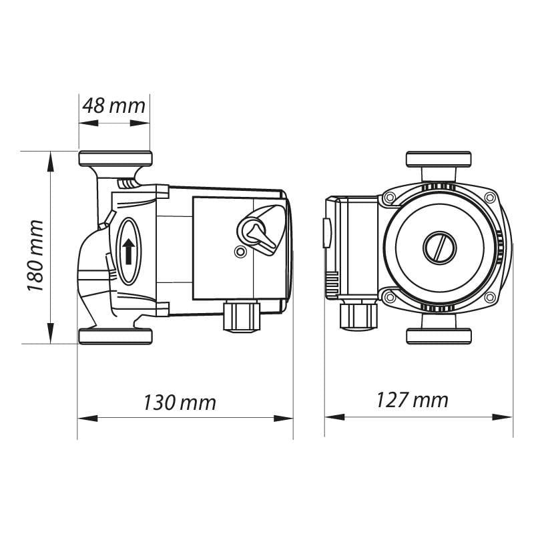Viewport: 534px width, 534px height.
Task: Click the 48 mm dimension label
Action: [x=113, y=105]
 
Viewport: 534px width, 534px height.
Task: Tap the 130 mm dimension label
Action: [x=180, y=403]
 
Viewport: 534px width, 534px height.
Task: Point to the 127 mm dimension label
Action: [x=412, y=400]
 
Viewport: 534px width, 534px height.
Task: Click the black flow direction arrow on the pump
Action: [x=127, y=251]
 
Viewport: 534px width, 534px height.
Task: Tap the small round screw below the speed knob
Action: [x=240, y=252]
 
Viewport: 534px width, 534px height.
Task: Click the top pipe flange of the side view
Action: [x=115, y=159]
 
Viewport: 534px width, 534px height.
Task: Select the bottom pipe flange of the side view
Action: [x=115, y=336]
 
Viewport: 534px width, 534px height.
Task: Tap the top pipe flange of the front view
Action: [x=439, y=160]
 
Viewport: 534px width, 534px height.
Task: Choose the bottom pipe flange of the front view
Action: [x=439, y=335]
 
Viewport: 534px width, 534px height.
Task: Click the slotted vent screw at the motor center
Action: [x=439, y=247]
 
